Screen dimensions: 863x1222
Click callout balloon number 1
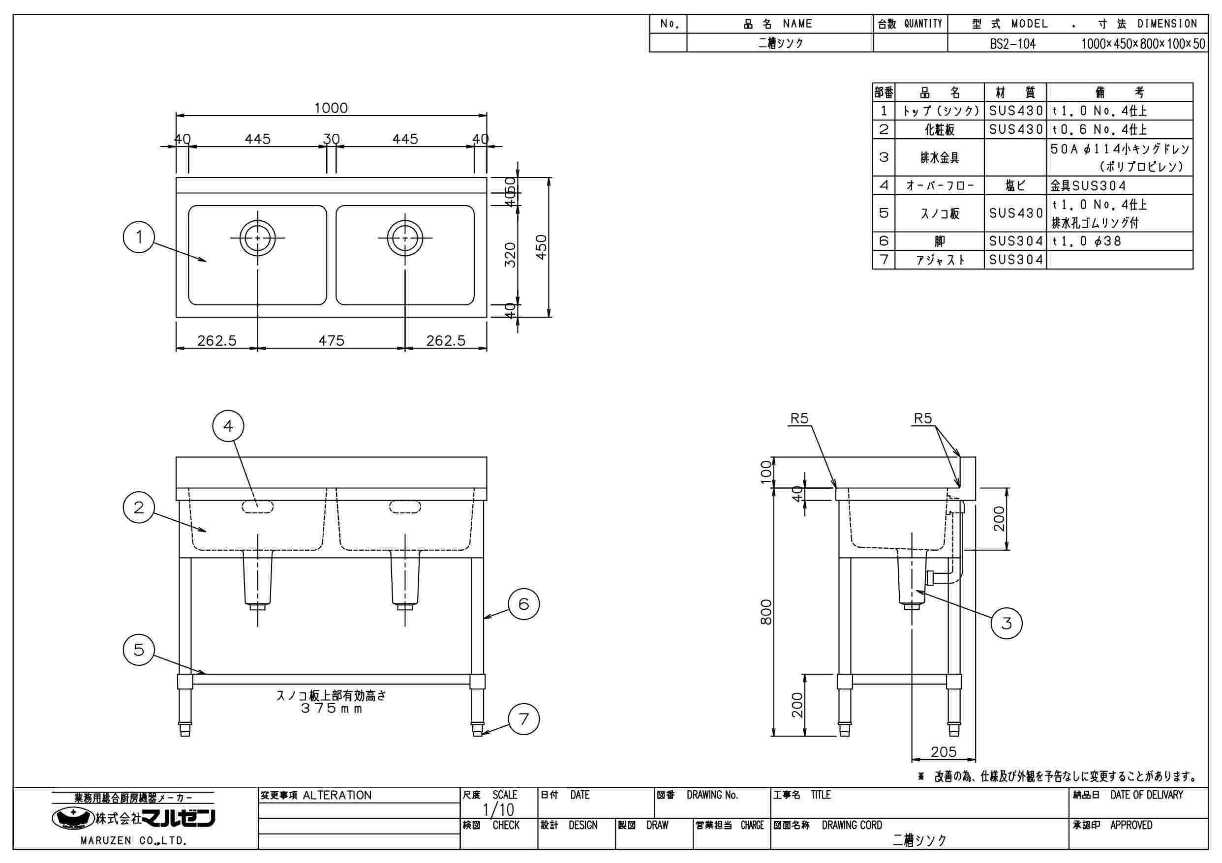(139, 237)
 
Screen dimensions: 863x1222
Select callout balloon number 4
(228, 426)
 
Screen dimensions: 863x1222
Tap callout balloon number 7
(524, 719)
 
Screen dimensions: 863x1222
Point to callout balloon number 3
(1006, 623)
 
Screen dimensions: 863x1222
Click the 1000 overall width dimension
(331, 108)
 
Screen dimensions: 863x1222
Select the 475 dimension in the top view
(331, 340)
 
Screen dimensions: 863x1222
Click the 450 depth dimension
(541, 247)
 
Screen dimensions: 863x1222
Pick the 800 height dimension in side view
(766, 612)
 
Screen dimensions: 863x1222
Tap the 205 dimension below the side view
(944, 751)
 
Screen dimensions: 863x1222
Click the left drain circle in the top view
(258, 238)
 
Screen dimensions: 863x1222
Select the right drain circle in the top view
(405, 238)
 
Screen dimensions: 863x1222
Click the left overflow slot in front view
(258, 507)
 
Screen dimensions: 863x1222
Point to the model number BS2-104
(1013, 44)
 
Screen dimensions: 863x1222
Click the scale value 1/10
(498, 810)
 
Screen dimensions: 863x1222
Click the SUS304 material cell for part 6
(1015, 241)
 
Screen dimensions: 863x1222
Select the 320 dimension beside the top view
(510, 255)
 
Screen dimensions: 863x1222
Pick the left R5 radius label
(799, 419)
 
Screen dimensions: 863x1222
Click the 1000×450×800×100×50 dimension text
(1143, 44)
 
